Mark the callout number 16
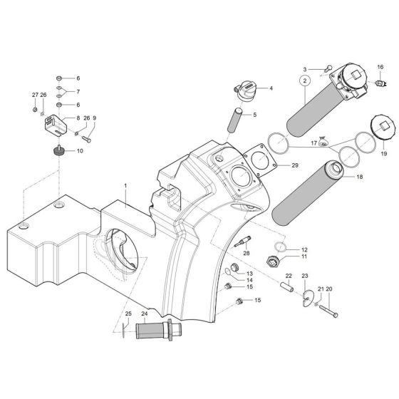point(380,67)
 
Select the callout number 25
point(128,313)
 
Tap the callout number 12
point(304,249)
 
